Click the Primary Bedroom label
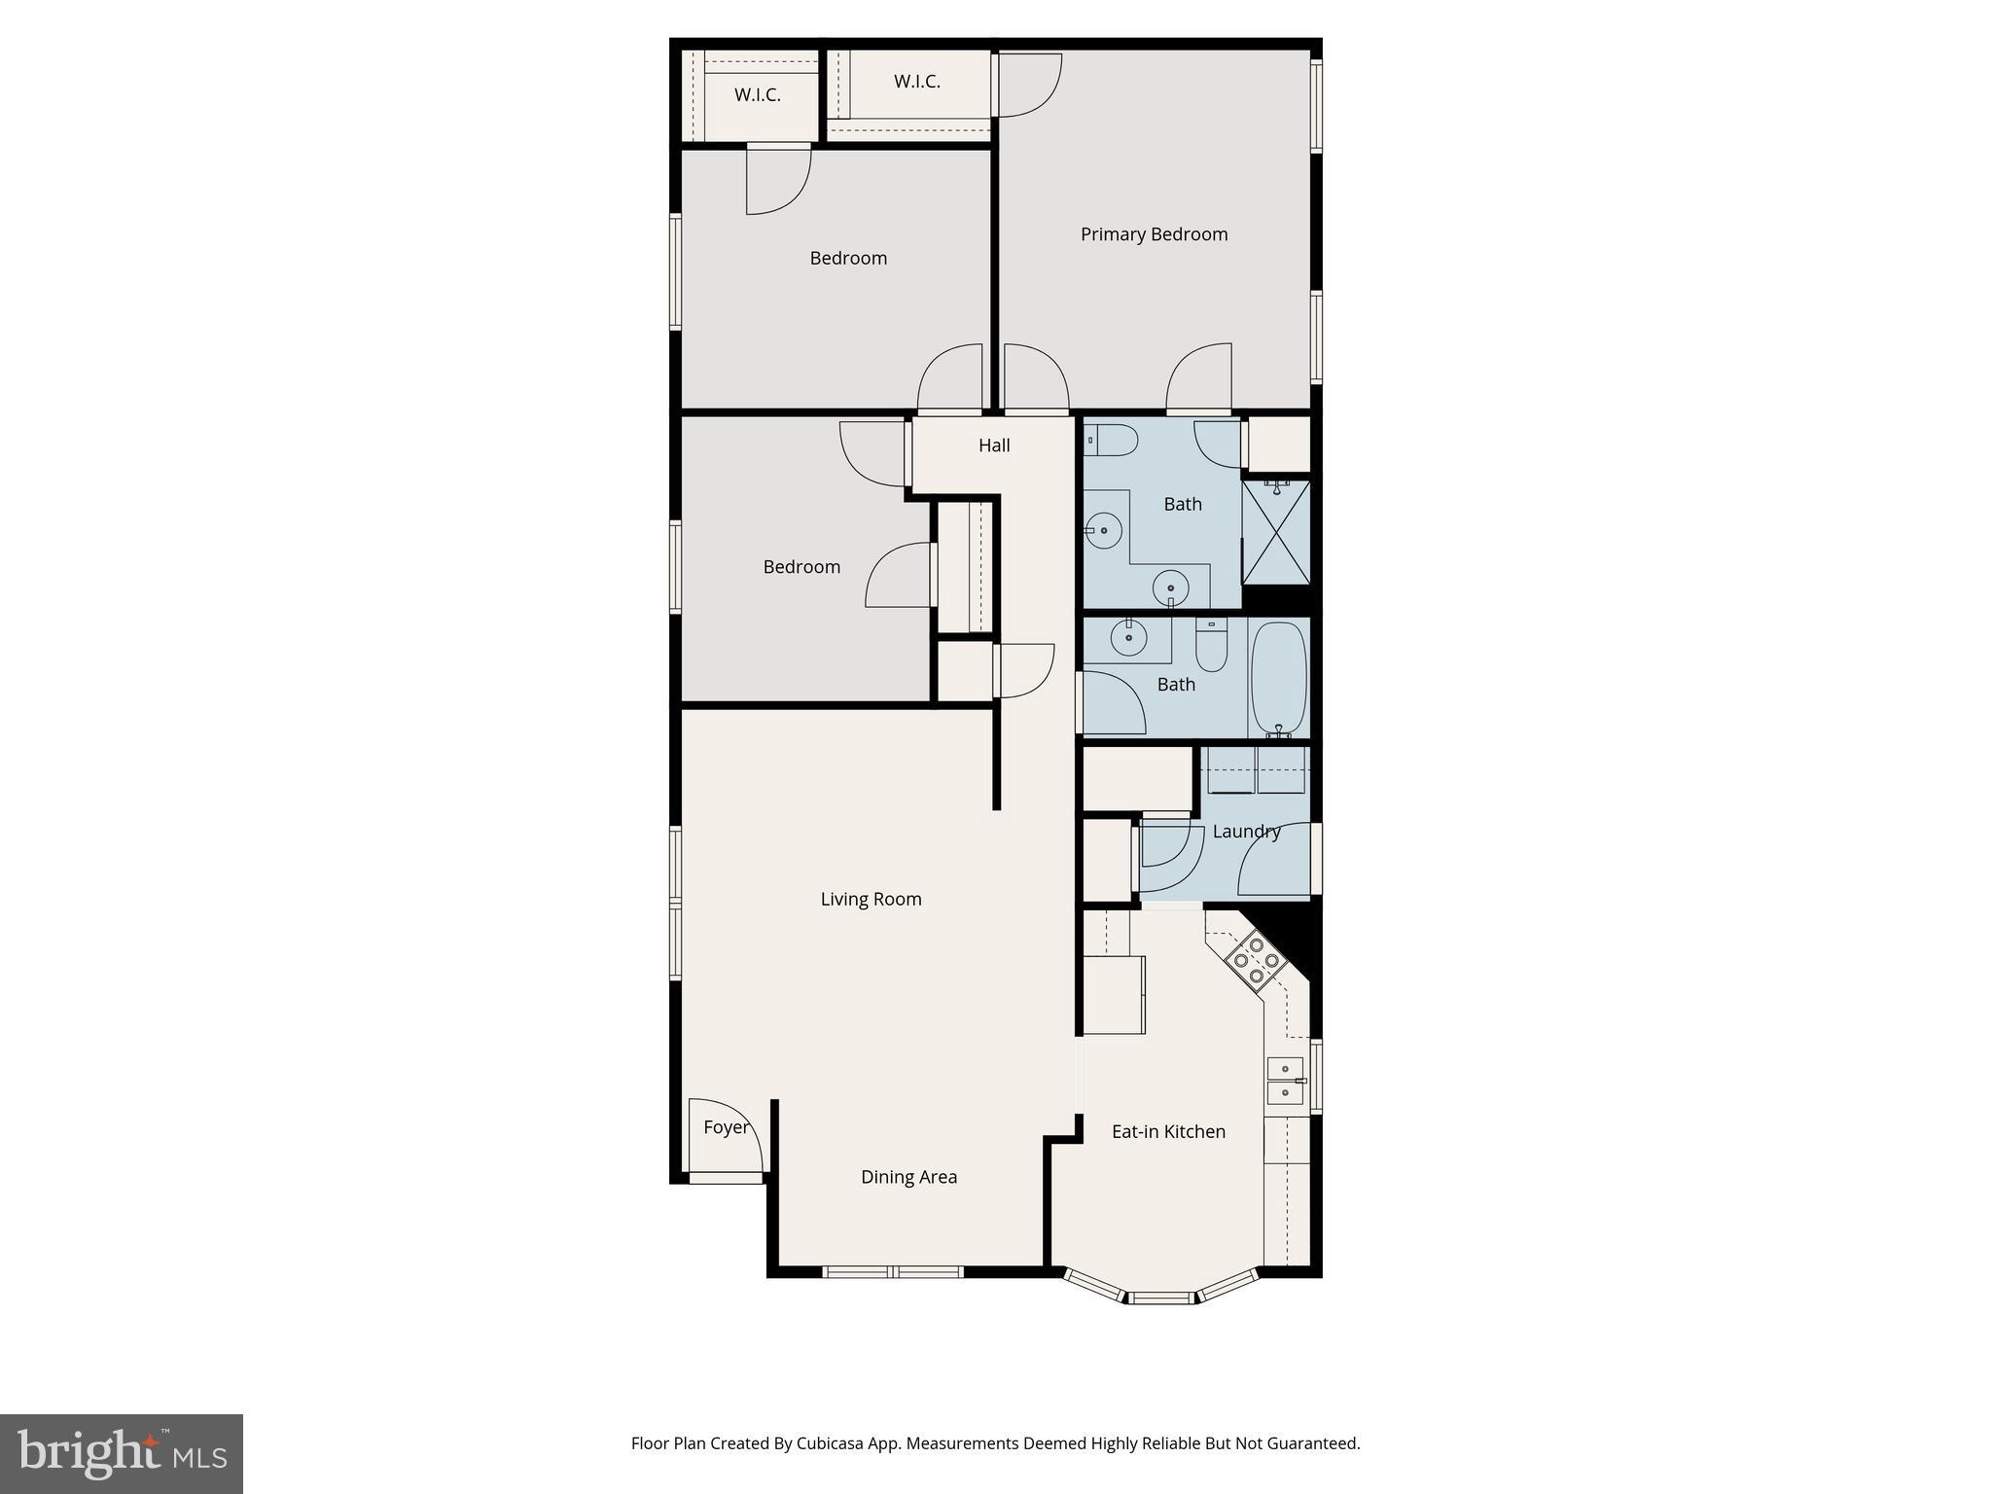point(1154,234)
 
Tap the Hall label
point(994,445)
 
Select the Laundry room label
point(1246,832)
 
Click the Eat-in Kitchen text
point(1168,1131)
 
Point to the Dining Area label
point(908,1177)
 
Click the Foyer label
point(726,1127)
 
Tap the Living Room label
point(871,899)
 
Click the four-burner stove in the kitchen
point(1256,960)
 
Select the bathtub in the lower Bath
point(1278,678)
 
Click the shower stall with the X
point(1276,532)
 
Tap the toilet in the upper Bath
point(1113,441)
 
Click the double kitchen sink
point(1285,1081)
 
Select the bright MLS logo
point(122,1454)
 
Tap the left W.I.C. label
point(757,95)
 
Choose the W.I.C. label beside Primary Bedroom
point(916,82)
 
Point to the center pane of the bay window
point(1160,1298)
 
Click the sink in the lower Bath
point(1129,638)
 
